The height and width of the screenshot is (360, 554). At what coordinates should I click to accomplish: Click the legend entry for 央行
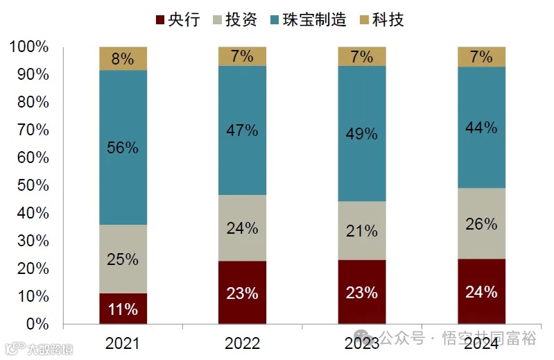178,19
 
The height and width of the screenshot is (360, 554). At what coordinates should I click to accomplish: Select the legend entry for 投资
234,19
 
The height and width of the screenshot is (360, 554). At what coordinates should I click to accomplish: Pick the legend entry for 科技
380,19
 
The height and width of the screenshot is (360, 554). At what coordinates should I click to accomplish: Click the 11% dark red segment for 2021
123,309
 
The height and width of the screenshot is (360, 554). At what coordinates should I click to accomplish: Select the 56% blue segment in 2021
123,147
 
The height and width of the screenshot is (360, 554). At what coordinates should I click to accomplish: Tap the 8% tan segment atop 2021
123,58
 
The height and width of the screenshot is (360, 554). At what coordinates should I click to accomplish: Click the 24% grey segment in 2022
242,228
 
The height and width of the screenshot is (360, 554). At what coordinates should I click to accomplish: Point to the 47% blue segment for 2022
242,130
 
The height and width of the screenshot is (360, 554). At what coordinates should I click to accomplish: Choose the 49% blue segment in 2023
361,134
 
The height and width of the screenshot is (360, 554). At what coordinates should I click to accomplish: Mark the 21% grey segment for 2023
361,231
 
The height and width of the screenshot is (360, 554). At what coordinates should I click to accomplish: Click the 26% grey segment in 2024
481,223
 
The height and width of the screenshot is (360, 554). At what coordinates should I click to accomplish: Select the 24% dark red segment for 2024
481,291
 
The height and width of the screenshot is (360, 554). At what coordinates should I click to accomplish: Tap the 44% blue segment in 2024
481,128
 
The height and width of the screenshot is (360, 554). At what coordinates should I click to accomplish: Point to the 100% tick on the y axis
30,47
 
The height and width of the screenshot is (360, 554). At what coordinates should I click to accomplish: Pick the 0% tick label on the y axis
37,324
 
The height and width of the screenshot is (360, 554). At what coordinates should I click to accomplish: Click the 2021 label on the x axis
123,343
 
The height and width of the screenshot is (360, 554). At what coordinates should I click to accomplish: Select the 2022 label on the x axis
242,343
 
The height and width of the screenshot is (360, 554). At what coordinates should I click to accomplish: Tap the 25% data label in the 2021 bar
123,259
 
